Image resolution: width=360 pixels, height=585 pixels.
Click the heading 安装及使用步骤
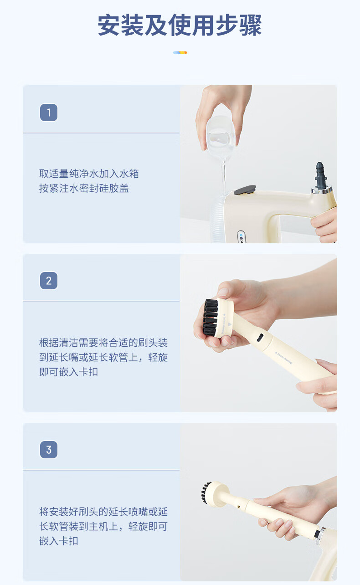(x=180, y=26)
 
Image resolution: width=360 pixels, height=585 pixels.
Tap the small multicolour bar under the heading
(x=180, y=52)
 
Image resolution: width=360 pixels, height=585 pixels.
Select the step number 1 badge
(x=49, y=113)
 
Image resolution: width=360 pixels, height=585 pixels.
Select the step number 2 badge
(x=49, y=281)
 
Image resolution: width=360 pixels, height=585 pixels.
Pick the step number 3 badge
(x=49, y=450)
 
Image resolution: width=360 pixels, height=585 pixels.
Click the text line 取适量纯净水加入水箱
(x=89, y=174)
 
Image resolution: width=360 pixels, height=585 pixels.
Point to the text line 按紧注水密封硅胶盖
(x=84, y=188)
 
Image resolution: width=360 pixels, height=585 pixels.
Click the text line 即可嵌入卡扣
(x=68, y=372)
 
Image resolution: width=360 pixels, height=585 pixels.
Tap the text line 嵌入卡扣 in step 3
(x=58, y=541)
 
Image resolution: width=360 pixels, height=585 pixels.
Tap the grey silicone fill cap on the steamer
(x=245, y=190)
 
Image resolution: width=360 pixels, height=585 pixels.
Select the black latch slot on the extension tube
(x=260, y=338)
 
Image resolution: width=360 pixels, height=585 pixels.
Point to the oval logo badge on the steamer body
(x=241, y=237)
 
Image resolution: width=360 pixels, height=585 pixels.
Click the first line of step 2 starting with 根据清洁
(x=103, y=343)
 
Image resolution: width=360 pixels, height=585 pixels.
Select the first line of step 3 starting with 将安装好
(x=103, y=512)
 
